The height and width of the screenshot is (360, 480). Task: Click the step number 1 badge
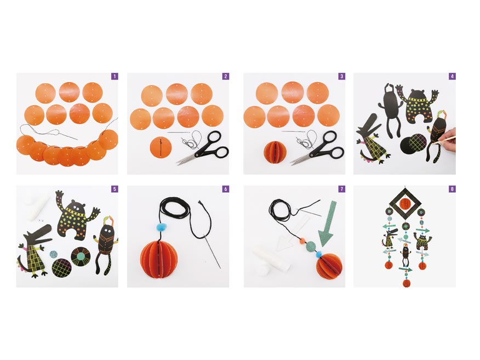tap(115, 76)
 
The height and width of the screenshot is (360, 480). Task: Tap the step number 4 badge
tap(452, 76)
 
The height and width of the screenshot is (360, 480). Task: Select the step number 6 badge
tap(226, 189)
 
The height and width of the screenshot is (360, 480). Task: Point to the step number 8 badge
tap(452, 189)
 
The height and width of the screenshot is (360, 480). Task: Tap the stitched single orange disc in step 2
tap(161, 147)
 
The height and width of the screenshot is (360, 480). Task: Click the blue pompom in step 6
tap(161, 227)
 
